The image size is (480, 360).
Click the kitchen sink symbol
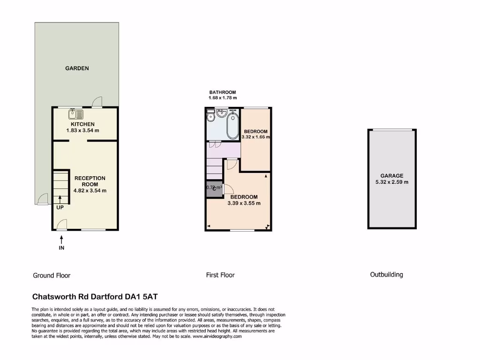[75, 114]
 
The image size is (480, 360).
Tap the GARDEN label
[77, 68]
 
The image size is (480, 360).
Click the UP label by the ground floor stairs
[60, 207]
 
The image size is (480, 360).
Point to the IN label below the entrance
[61, 248]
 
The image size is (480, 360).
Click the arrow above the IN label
[61, 240]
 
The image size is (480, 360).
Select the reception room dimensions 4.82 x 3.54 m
[90, 191]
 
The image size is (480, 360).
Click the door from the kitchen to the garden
[97, 102]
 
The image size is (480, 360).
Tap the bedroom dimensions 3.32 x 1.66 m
[256, 137]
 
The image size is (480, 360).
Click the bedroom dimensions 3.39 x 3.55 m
[244, 203]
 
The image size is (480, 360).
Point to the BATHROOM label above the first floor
[223, 92]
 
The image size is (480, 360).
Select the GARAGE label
[392, 176]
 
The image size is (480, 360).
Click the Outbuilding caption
[386, 275]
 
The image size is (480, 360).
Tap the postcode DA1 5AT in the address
[147, 297]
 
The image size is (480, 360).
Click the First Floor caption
[220, 275]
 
